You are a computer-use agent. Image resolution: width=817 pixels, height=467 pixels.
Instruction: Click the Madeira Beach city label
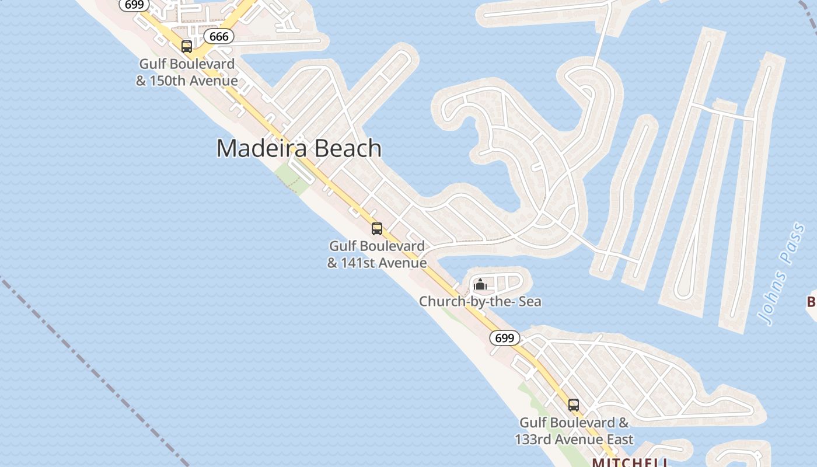[x=299, y=148]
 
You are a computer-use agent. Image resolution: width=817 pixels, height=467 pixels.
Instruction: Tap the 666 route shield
[x=219, y=36]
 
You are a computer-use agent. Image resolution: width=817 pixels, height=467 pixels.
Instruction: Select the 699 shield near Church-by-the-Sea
[x=504, y=338]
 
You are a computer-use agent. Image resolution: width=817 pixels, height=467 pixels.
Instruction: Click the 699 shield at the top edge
[x=134, y=5]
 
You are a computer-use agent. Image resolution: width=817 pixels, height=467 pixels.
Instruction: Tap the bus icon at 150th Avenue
[x=187, y=47]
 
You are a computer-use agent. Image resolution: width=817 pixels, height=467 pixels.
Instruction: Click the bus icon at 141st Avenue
[x=377, y=228]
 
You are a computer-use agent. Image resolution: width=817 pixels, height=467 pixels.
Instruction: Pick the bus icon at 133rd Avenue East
[x=574, y=405]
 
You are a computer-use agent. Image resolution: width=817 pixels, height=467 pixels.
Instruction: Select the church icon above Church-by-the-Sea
[x=480, y=285]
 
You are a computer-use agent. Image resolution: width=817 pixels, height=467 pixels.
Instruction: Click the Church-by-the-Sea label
[x=480, y=302]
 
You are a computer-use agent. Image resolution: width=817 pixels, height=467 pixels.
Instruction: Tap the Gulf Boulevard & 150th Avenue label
[x=187, y=72]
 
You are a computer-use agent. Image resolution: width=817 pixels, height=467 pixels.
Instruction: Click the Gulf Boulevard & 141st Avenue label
[x=377, y=255]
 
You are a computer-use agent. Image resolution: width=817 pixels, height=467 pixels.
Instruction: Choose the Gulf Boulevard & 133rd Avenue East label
[x=574, y=431]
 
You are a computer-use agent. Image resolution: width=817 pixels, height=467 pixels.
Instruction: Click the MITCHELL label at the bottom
[x=630, y=462]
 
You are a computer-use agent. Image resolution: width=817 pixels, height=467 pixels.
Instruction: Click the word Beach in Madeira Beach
[x=347, y=148]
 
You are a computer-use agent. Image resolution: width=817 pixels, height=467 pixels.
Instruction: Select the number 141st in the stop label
[x=358, y=263]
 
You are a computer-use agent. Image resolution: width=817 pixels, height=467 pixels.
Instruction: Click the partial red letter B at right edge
[x=812, y=302]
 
